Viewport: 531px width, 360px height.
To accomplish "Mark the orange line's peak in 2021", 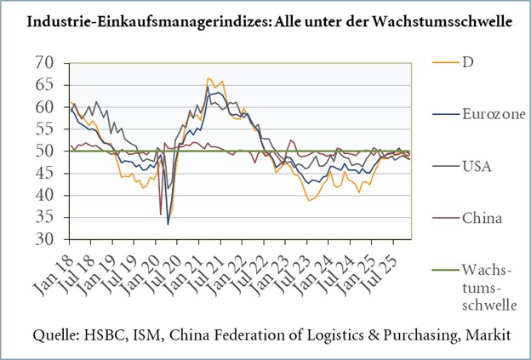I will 208,78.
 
